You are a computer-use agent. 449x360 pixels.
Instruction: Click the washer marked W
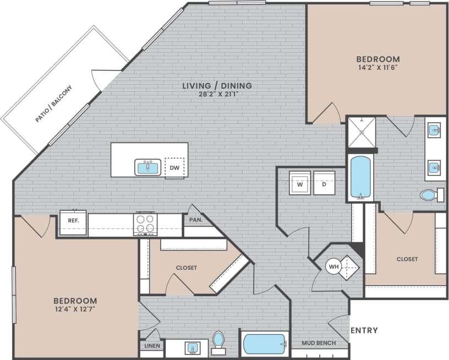click(300, 184)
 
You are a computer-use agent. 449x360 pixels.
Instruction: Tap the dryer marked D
click(324, 184)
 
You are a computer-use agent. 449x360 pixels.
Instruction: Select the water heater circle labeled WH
click(333, 267)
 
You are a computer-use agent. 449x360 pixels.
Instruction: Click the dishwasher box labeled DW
click(174, 167)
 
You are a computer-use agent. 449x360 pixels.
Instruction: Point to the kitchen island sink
click(147, 167)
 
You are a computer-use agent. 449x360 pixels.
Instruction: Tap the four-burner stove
click(145, 224)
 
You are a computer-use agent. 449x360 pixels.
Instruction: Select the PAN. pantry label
click(196, 220)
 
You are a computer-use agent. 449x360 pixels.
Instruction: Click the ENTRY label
click(364, 330)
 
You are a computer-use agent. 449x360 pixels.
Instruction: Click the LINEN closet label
click(152, 346)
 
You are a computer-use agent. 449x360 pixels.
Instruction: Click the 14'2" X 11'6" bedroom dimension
click(377, 68)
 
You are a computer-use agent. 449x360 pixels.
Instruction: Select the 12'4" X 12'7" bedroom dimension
click(75, 310)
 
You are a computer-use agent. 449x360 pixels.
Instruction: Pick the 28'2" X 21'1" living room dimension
click(217, 94)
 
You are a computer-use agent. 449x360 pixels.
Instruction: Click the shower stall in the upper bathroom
click(361, 133)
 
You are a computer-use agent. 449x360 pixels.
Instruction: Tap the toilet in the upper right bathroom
click(431, 195)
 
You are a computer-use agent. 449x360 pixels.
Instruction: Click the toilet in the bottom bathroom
click(218, 340)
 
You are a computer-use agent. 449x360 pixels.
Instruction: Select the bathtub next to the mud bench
click(265, 344)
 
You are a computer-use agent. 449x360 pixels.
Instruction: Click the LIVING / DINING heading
click(217, 85)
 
